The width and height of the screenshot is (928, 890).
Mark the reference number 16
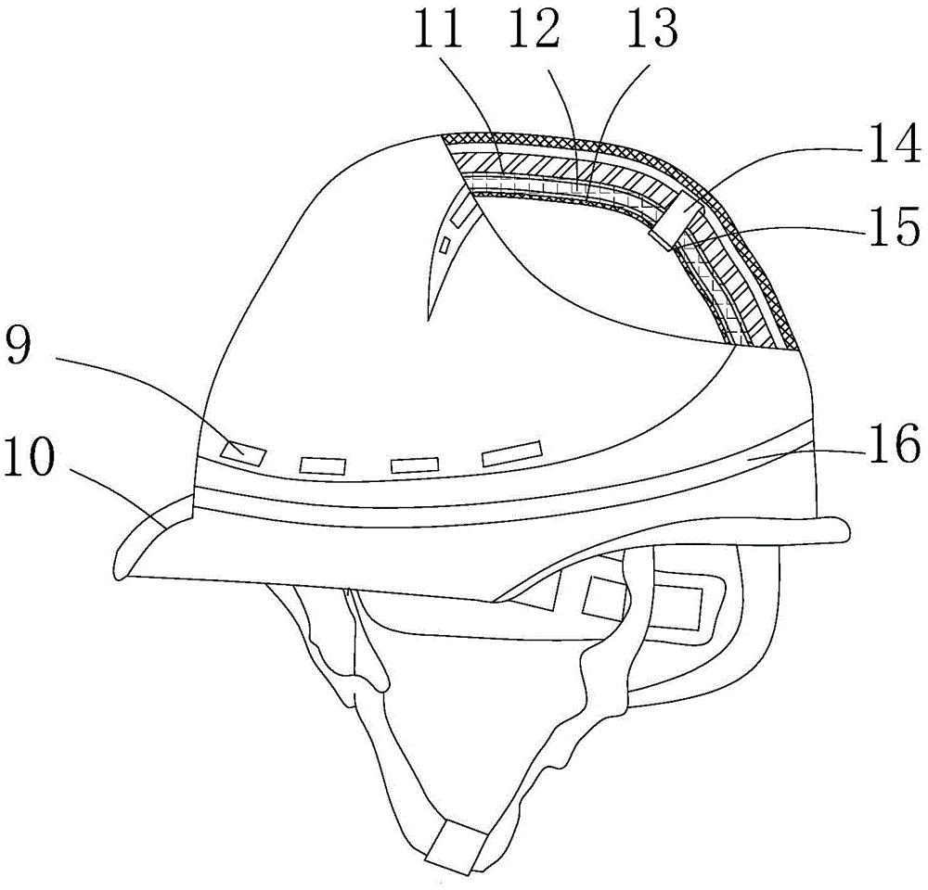click(x=895, y=443)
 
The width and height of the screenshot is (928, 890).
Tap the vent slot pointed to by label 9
click(x=242, y=454)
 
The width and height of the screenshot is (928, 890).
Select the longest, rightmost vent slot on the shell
click(x=512, y=453)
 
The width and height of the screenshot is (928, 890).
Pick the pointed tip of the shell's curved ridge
click(x=428, y=320)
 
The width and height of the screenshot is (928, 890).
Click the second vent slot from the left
click(x=323, y=464)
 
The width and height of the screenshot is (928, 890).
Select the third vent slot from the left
click(x=414, y=464)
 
